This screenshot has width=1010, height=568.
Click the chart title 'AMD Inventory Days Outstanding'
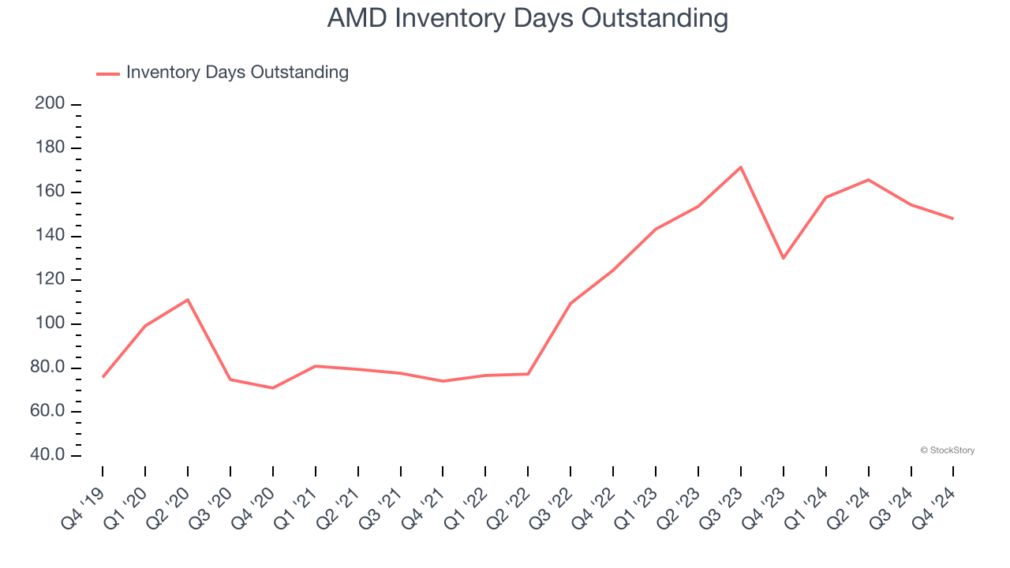[527, 18]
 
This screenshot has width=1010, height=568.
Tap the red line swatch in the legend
[108, 73]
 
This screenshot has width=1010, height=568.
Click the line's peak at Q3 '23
[741, 167]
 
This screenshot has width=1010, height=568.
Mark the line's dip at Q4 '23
[784, 258]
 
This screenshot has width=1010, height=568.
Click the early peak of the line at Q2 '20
[188, 300]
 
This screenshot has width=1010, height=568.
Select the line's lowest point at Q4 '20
[273, 388]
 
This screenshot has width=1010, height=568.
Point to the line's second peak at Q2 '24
[869, 180]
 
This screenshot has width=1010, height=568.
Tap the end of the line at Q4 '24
[953, 219]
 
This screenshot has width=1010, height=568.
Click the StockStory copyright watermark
[947, 450]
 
